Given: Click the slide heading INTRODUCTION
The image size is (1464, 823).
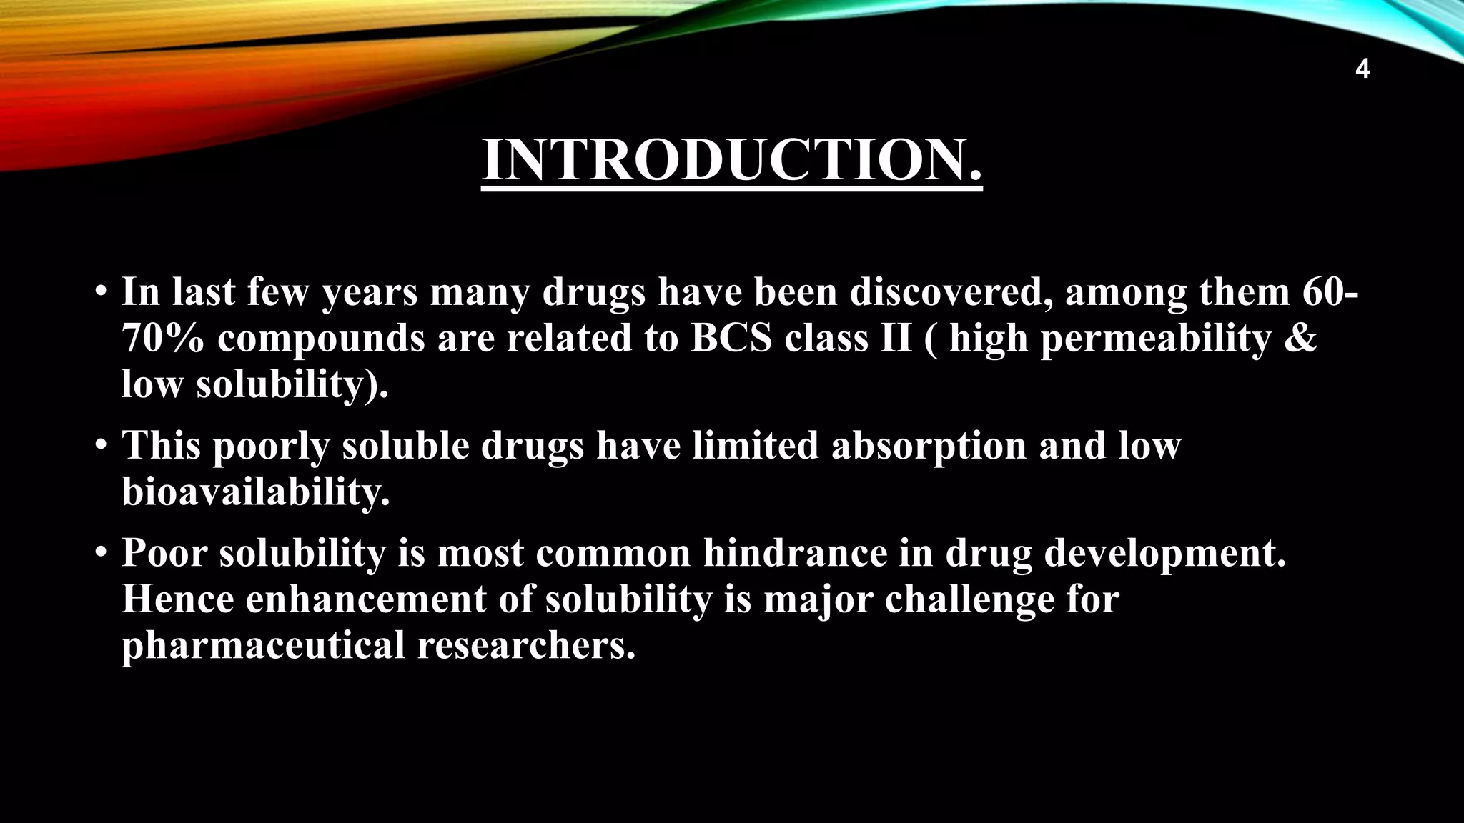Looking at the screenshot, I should pyautogui.click(x=732, y=160).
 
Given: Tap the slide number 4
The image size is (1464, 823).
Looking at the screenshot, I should pyautogui.click(x=1362, y=70).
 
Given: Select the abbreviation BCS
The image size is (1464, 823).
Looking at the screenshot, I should pyautogui.click(x=731, y=339).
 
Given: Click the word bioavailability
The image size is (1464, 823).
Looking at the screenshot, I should pyautogui.click(x=256, y=493).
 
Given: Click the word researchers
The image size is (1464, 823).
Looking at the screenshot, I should pyautogui.click(x=526, y=646).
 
